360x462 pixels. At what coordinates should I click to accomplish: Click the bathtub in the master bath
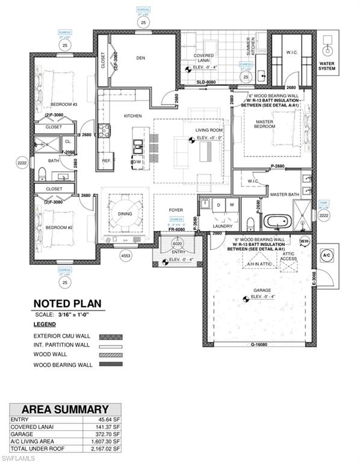point(276,221)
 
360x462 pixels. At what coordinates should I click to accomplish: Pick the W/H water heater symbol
point(304,242)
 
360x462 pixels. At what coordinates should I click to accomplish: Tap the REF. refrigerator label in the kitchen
point(107,161)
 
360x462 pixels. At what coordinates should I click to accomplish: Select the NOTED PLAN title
point(67,304)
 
